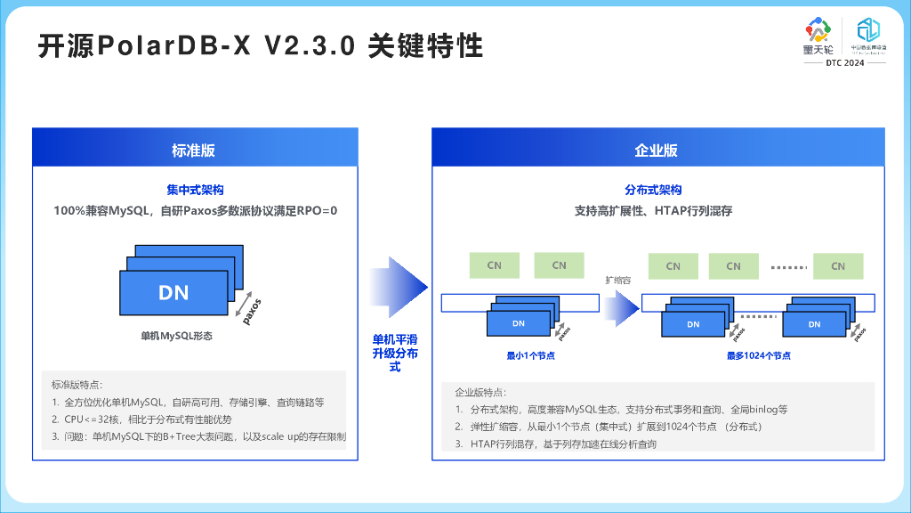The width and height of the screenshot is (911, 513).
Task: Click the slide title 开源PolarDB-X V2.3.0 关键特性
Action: [259, 46]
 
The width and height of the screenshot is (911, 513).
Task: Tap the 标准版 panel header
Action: [194, 150]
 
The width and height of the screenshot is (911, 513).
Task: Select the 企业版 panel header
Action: [657, 150]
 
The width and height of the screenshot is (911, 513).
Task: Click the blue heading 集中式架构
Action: [195, 190]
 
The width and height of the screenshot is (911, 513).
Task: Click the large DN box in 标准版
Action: [173, 291]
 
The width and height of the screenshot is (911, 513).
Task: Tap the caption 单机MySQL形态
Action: [176, 338]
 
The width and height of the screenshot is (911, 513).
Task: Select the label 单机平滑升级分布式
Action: [395, 353]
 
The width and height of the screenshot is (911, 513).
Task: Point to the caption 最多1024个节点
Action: [759, 355]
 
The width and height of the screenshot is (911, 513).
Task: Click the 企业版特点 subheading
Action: [480, 392]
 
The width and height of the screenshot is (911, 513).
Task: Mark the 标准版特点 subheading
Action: [77, 385]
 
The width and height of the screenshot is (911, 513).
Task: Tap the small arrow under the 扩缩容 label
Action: [621, 307]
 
